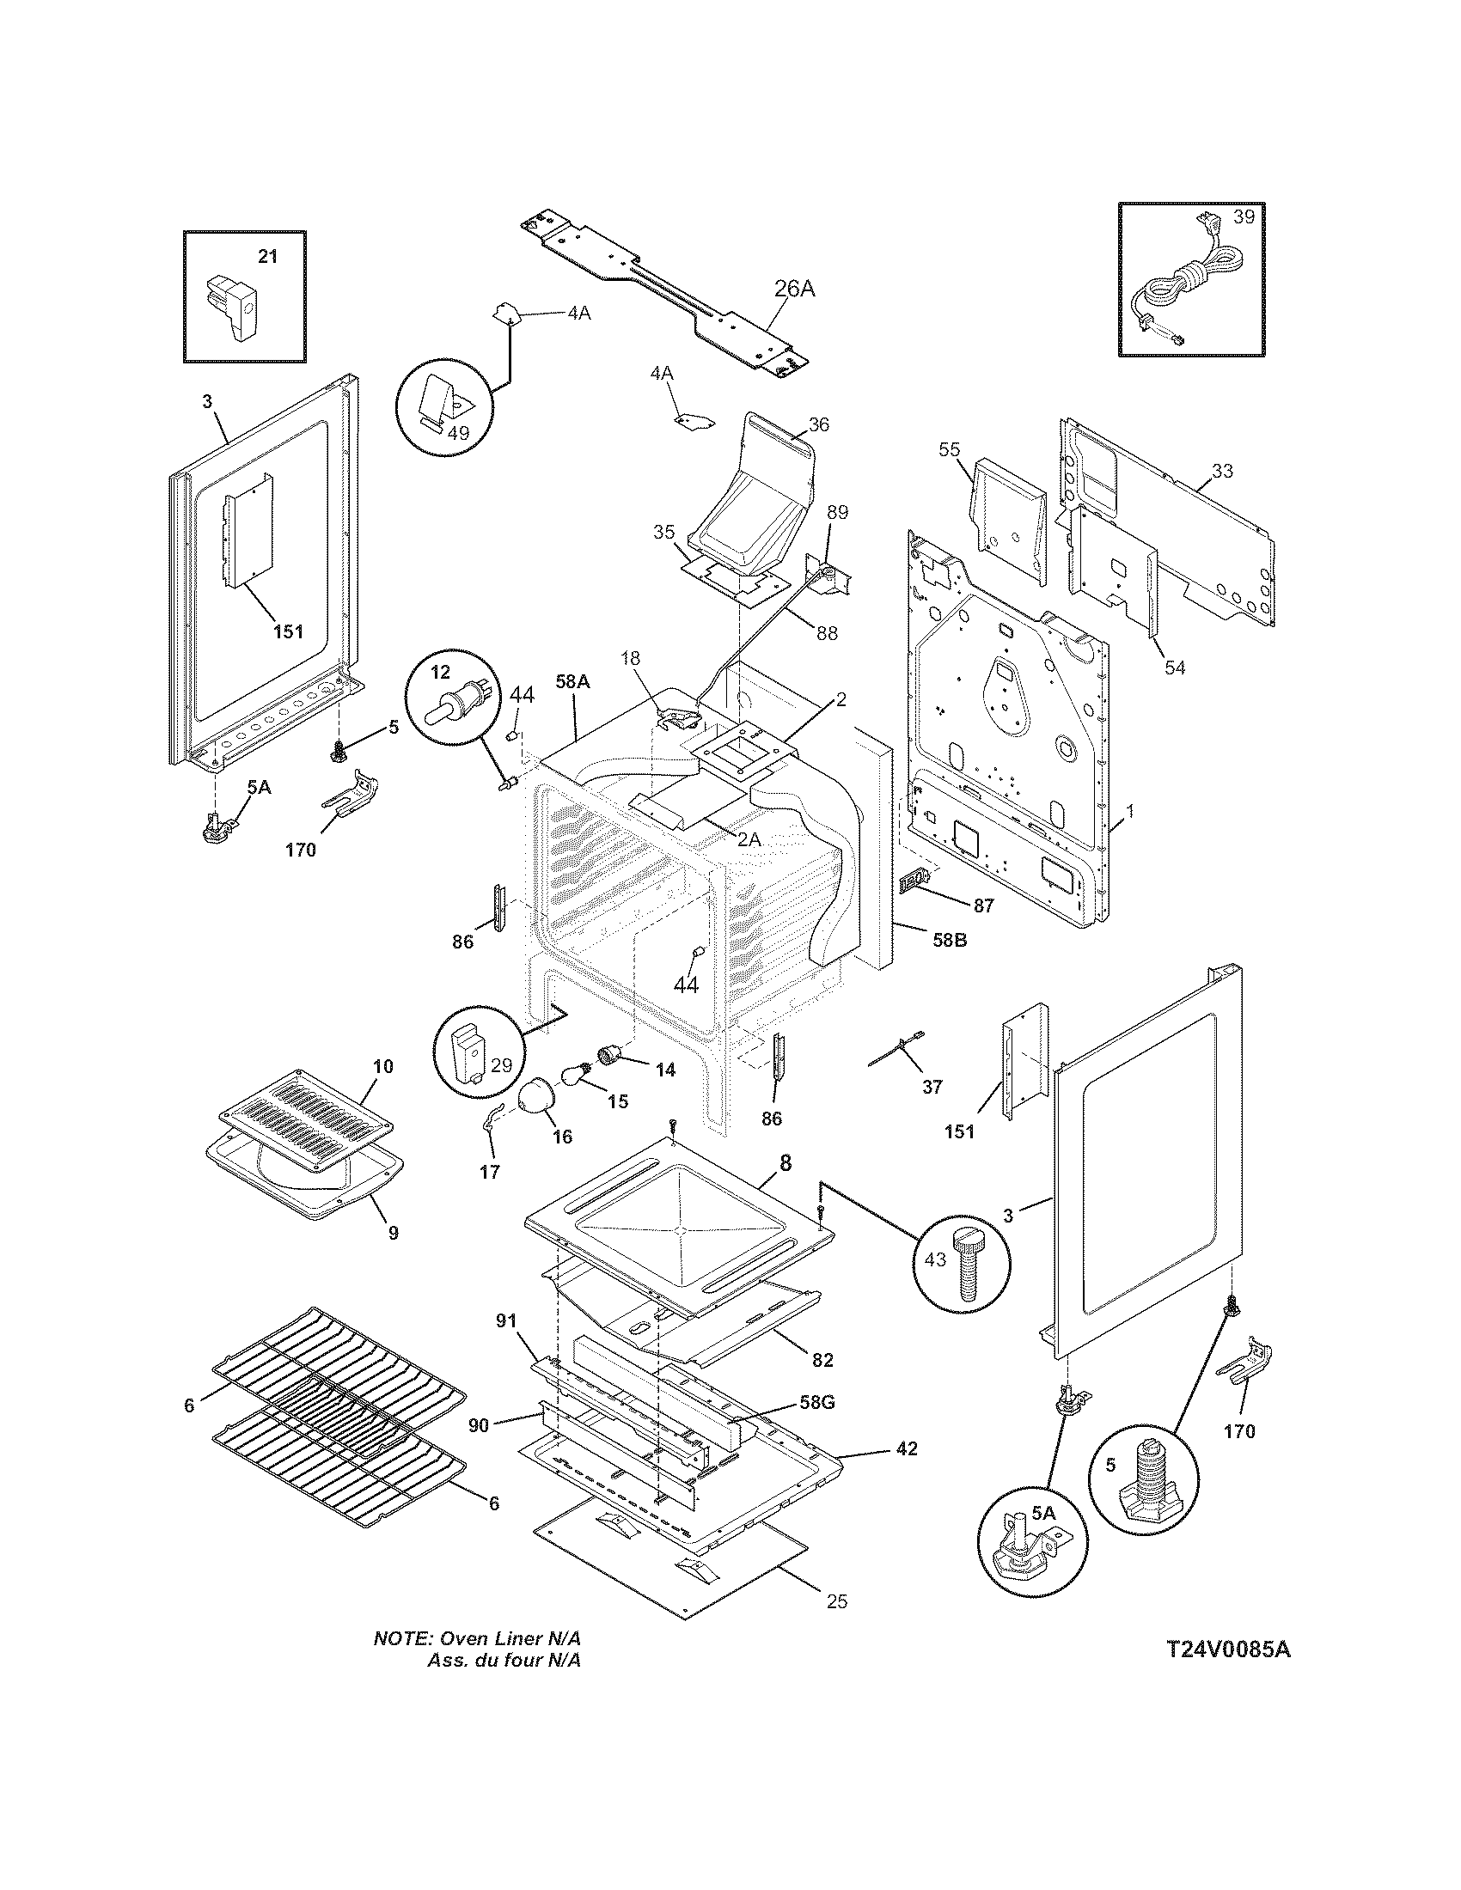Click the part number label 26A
pyautogui.click(x=794, y=289)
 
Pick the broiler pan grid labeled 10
pyautogui.click(x=307, y=1112)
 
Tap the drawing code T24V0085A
pyautogui.click(x=1227, y=1649)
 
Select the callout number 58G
pyautogui.click(x=816, y=1403)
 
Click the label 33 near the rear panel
pyautogui.click(x=1222, y=471)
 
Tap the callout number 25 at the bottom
pyautogui.click(x=836, y=1602)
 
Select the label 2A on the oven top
pyautogui.click(x=749, y=838)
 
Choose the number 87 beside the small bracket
pyautogui.click(x=982, y=906)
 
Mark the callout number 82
pyautogui.click(x=822, y=1360)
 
